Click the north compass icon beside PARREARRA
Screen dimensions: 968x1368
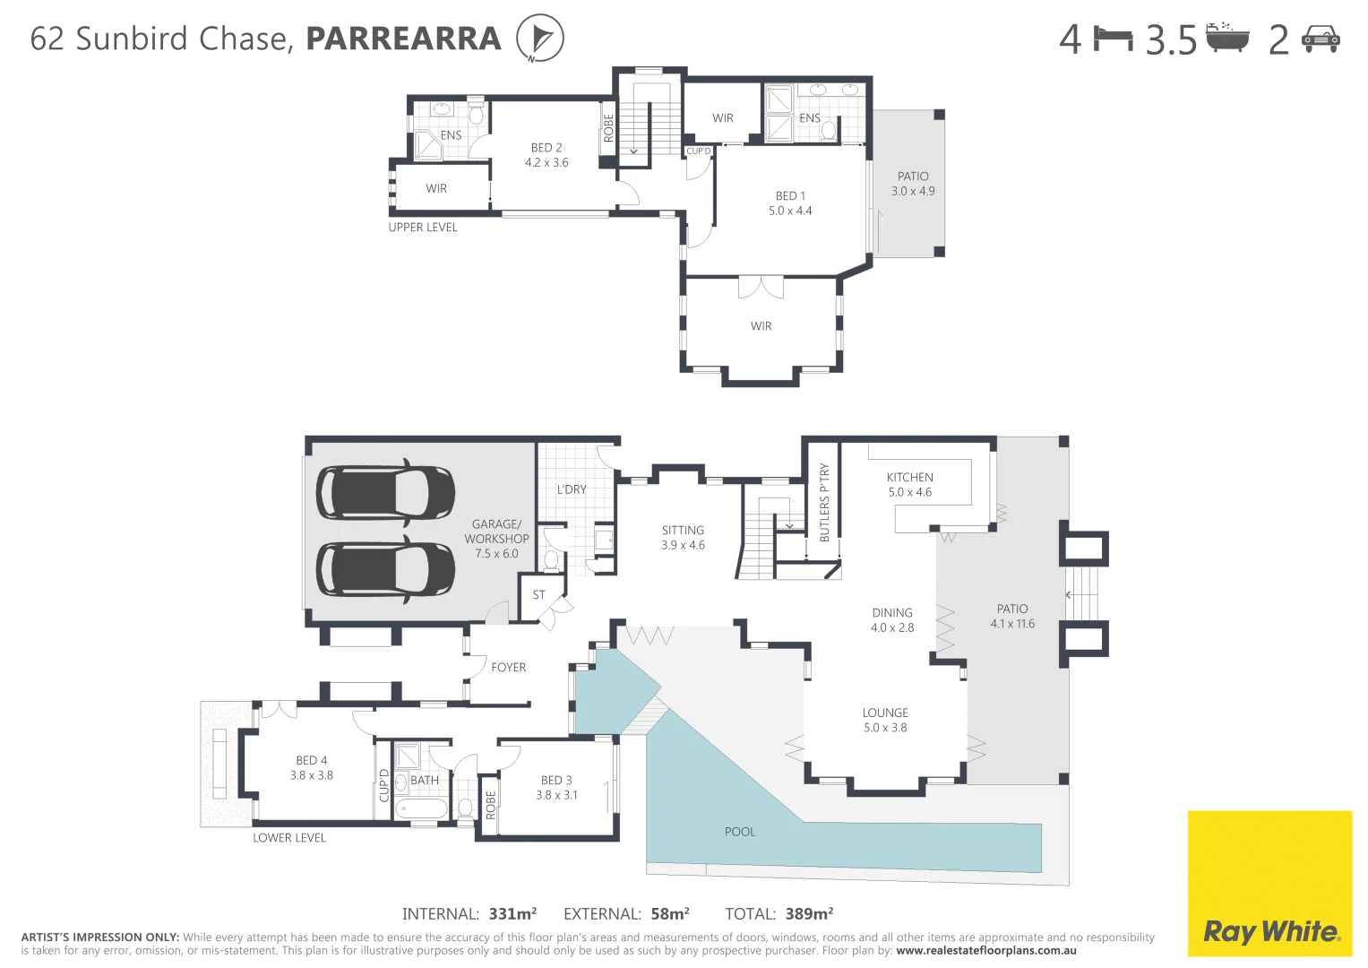(539, 39)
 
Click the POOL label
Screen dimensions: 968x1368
(740, 832)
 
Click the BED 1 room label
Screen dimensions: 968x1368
(790, 196)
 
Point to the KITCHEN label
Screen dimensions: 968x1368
(909, 478)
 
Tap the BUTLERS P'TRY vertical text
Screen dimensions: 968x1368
(824, 503)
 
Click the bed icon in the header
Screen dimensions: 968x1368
(1114, 39)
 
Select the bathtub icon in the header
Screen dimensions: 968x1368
(1226, 39)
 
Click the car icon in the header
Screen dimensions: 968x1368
(1321, 39)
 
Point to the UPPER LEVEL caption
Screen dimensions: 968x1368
(423, 228)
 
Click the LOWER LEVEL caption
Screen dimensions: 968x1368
(289, 838)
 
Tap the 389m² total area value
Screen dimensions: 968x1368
(809, 914)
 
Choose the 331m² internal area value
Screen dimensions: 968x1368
(512, 914)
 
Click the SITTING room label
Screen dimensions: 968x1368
(683, 531)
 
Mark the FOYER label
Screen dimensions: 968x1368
(508, 668)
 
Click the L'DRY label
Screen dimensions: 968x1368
(572, 489)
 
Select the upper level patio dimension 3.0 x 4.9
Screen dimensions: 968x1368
(913, 192)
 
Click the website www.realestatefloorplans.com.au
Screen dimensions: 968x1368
(985, 951)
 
